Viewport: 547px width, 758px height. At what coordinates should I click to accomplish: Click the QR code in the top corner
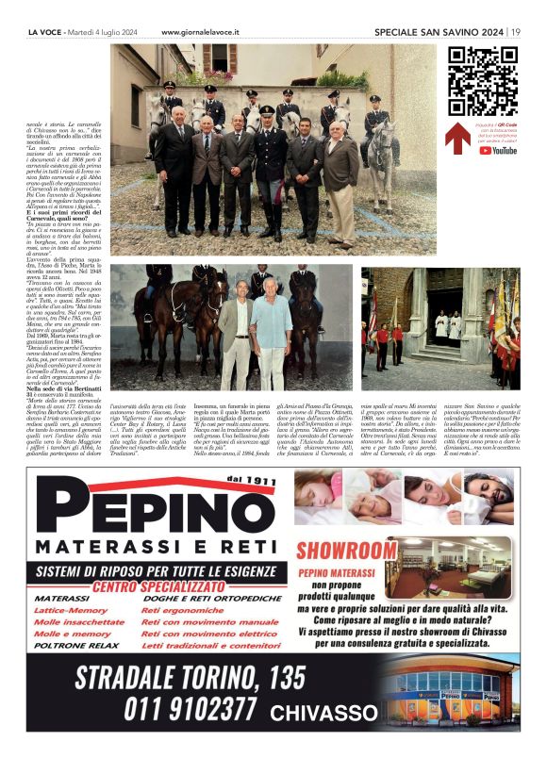coord(483,80)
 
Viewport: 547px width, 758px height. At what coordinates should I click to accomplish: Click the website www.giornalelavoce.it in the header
coord(200,31)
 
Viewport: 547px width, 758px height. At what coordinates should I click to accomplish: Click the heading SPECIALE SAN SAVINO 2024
coord(438,31)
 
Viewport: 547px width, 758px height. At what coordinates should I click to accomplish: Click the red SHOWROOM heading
coord(347,549)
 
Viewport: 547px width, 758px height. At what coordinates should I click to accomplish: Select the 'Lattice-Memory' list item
coord(71,610)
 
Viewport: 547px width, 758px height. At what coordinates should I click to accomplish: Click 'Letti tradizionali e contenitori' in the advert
coord(210,646)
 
